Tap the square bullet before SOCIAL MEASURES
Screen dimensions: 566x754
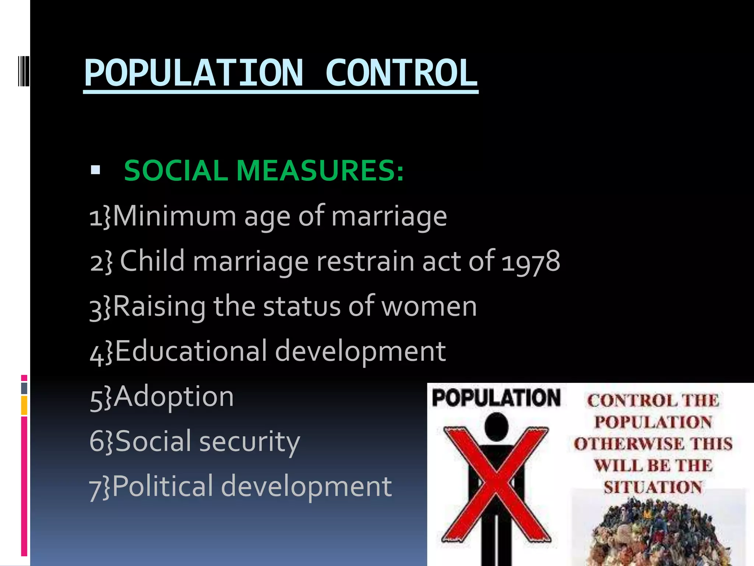point(95,170)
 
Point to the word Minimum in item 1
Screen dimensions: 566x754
point(175,216)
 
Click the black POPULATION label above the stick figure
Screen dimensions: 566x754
point(496,398)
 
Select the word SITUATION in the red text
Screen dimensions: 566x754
point(653,488)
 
